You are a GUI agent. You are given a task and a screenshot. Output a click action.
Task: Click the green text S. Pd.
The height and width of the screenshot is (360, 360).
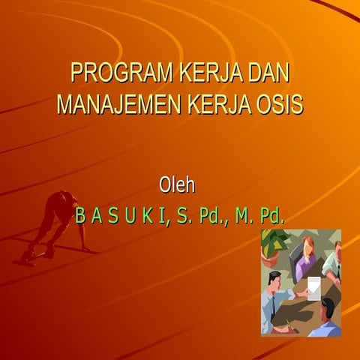[202, 217]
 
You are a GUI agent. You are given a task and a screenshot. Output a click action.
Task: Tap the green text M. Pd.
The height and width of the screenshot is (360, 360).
[259, 217]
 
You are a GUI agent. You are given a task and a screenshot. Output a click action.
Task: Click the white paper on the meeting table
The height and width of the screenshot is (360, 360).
[313, 286]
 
